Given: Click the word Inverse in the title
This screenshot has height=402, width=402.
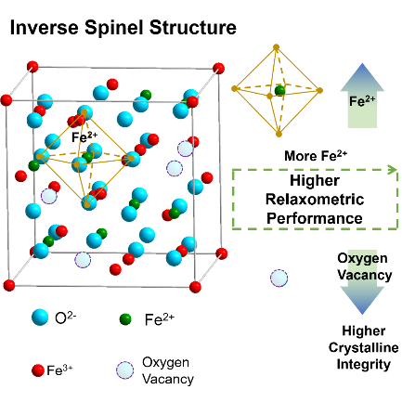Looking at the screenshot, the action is (45, 27).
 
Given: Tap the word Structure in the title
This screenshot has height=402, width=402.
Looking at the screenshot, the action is (193, 27).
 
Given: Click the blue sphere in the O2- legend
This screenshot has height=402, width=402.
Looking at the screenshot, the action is (40, 317).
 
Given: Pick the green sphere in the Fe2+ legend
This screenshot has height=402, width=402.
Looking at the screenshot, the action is (125, 319).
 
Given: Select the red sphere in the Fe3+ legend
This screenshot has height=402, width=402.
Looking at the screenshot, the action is (38, 370).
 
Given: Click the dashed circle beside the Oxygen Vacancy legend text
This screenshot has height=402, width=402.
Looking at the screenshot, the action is (124, 370).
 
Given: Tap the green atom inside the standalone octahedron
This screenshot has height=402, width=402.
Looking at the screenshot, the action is (280, 91).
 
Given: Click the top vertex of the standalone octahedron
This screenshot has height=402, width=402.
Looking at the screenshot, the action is (276, 47).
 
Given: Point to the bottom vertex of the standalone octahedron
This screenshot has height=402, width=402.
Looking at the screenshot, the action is (279, 134).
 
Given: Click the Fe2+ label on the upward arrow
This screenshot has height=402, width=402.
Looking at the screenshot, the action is (362, 100).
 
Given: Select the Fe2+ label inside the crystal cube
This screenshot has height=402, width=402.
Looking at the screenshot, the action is (84, 136).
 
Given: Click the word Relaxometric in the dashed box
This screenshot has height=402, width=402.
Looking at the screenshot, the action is (315, 200).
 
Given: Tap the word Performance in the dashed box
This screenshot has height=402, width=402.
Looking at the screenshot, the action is (315, 218).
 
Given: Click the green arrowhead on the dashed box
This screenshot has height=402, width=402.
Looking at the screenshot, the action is (394, 169).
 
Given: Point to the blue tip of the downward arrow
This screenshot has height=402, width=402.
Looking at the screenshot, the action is (362, 314).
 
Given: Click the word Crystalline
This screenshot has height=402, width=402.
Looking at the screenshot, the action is (364, 347).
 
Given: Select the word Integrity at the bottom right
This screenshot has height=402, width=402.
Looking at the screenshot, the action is (363, 364).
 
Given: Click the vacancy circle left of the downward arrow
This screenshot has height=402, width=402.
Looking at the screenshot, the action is (279, 278).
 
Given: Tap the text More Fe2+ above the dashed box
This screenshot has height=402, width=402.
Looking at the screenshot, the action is (316, 156).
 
